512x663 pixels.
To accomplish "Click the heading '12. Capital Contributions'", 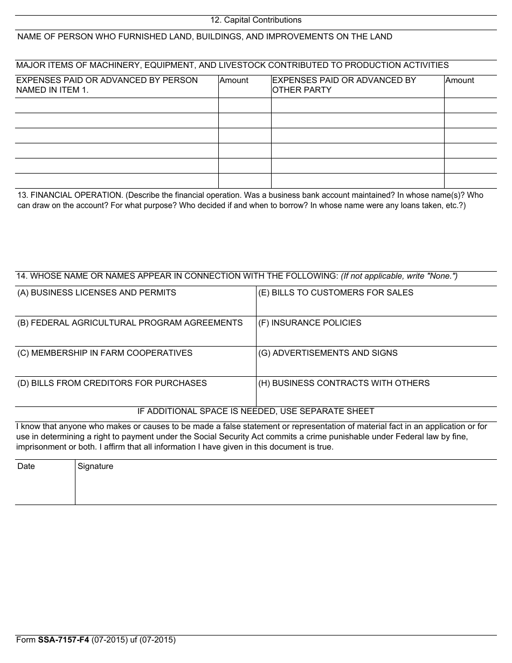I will coord(255,20).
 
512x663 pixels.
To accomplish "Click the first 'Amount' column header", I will coord(234,80).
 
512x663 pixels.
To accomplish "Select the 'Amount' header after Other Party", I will coord(460,80).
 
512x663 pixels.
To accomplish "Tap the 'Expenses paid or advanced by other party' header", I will coord(344,85).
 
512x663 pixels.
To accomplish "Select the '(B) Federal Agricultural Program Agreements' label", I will coord(130,323).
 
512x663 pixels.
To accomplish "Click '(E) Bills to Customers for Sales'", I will coord(336,293).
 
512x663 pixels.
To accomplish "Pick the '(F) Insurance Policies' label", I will coord(310,323).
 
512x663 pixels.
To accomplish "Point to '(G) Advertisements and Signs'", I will coord(328,353).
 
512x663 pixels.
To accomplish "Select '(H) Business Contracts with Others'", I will coord(344,383).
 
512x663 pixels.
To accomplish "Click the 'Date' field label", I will coord(26,466).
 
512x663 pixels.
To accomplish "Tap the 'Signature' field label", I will coord(95,466).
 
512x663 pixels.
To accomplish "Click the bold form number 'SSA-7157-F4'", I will coord(64,640).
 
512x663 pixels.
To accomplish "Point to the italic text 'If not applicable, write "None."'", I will coord(399,276).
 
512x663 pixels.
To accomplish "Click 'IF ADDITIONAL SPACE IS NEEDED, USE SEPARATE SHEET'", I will coord(255,411).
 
